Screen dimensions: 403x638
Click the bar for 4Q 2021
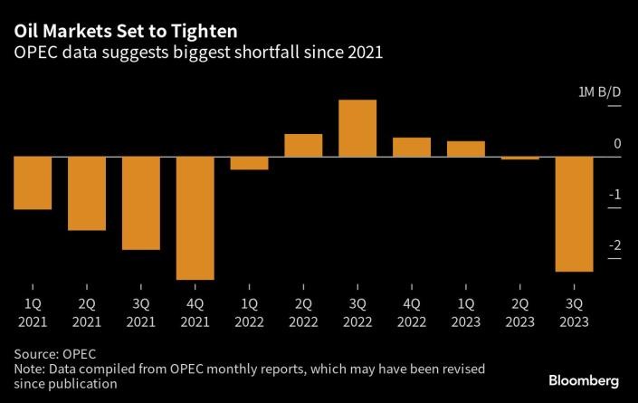(x=195, y=217)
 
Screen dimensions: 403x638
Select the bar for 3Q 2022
(x=357, y=129)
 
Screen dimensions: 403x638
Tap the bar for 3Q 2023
(x=574, y=214)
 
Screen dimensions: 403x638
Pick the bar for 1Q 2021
(x=32, y=183)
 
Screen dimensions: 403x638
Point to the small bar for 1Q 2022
(x=249, y=163)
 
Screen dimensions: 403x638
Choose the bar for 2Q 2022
(x=303, y=146)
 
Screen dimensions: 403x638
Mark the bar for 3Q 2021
(x=140, y=203)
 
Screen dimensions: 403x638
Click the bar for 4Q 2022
(x=411, y=148)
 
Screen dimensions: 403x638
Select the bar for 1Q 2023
(x=465, y=149)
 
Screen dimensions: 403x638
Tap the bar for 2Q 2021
(x=86, y=193)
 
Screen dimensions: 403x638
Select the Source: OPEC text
(x=55, y=353)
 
